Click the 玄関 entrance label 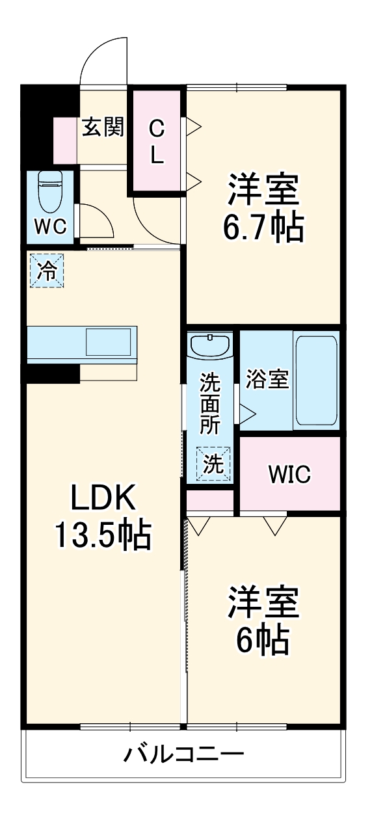click(103, 127)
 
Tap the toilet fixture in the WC click(49, 189)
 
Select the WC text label click(50, 226)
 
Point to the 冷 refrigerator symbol click(47, 270)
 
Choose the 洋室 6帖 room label click(263, 621)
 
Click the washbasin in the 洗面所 click(210, 345)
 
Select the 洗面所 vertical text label click(209, 403)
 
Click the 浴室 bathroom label click(267, 380)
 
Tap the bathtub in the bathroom click(316, 380)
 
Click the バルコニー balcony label click(185, 755)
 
